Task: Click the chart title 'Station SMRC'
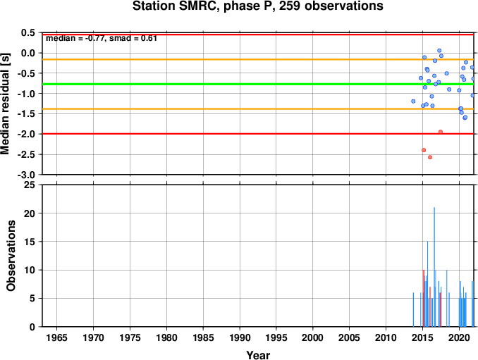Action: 176,6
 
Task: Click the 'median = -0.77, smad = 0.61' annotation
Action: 102,38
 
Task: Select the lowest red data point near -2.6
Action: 430,157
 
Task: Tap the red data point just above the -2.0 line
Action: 441,132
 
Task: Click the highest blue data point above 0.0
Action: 439,51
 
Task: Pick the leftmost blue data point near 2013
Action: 413,101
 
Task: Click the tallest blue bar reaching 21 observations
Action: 434,267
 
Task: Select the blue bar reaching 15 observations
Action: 427,284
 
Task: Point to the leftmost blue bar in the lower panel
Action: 413,309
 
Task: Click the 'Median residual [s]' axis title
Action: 5,104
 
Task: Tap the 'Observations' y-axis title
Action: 11,256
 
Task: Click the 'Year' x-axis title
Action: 258,355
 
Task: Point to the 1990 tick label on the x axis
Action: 240,337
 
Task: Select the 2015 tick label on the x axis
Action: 423,337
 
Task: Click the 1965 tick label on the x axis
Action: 57,337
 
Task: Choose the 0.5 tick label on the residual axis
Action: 29,32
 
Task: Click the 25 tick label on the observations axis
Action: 30,185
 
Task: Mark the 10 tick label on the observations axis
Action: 30,270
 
